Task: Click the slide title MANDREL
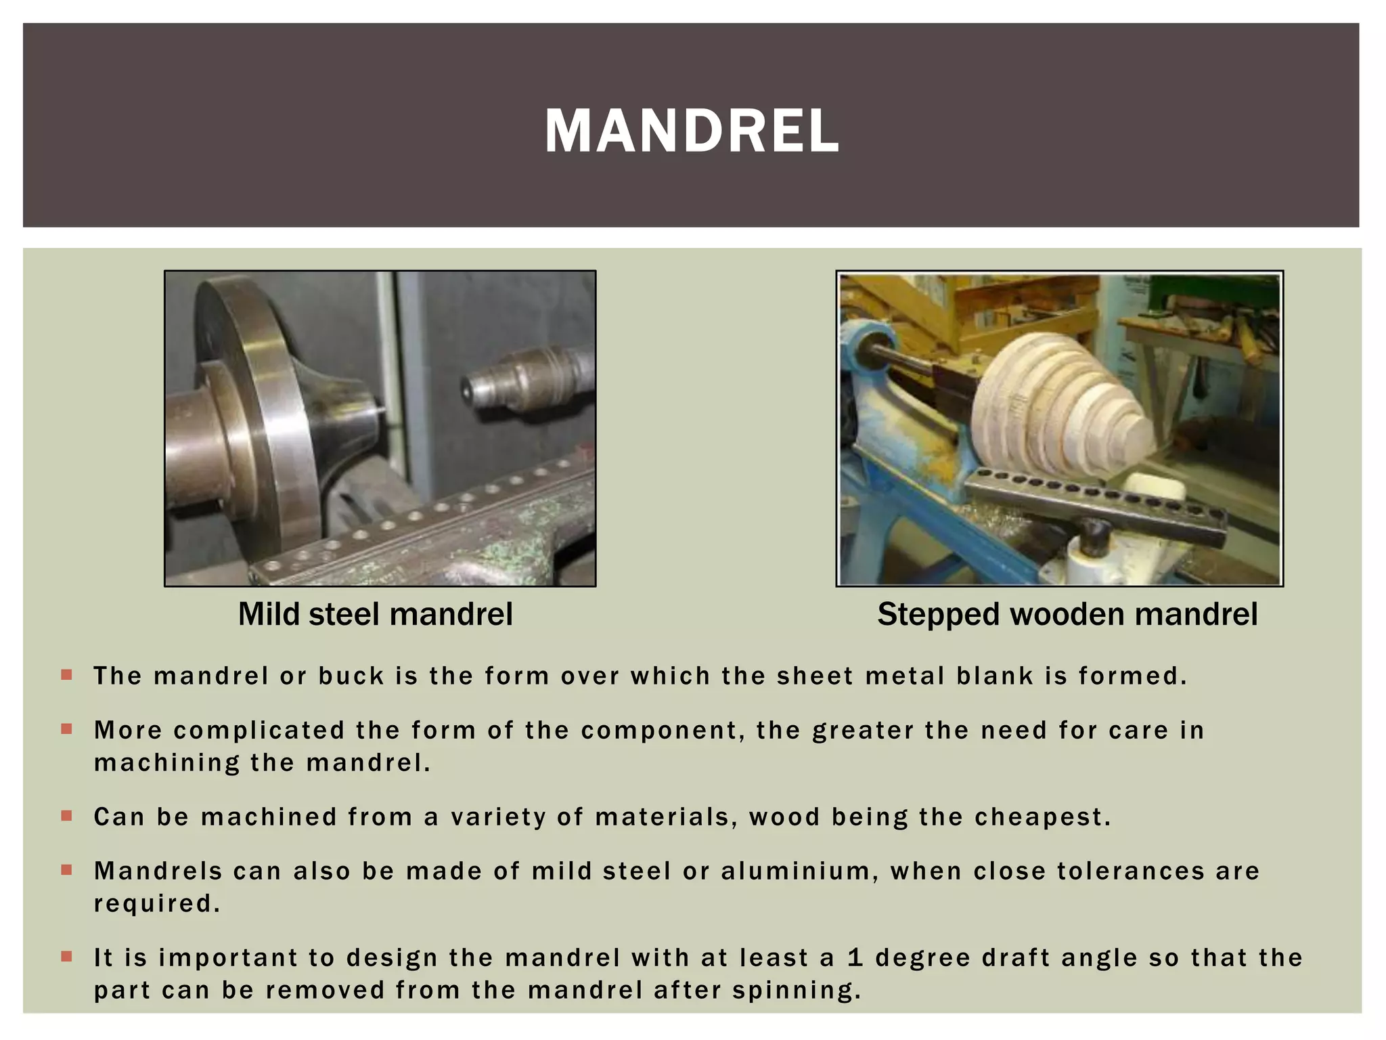click(x=691, y=131)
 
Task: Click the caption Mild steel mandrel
click(x=375, y=614)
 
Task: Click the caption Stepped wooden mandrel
click(x=1067, y=614)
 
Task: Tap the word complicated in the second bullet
click(x=259, y=731)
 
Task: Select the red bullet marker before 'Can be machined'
click(x=66, y=816)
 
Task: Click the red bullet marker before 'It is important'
click(x=66, y=957)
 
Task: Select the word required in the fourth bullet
click(x=156, y=904)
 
